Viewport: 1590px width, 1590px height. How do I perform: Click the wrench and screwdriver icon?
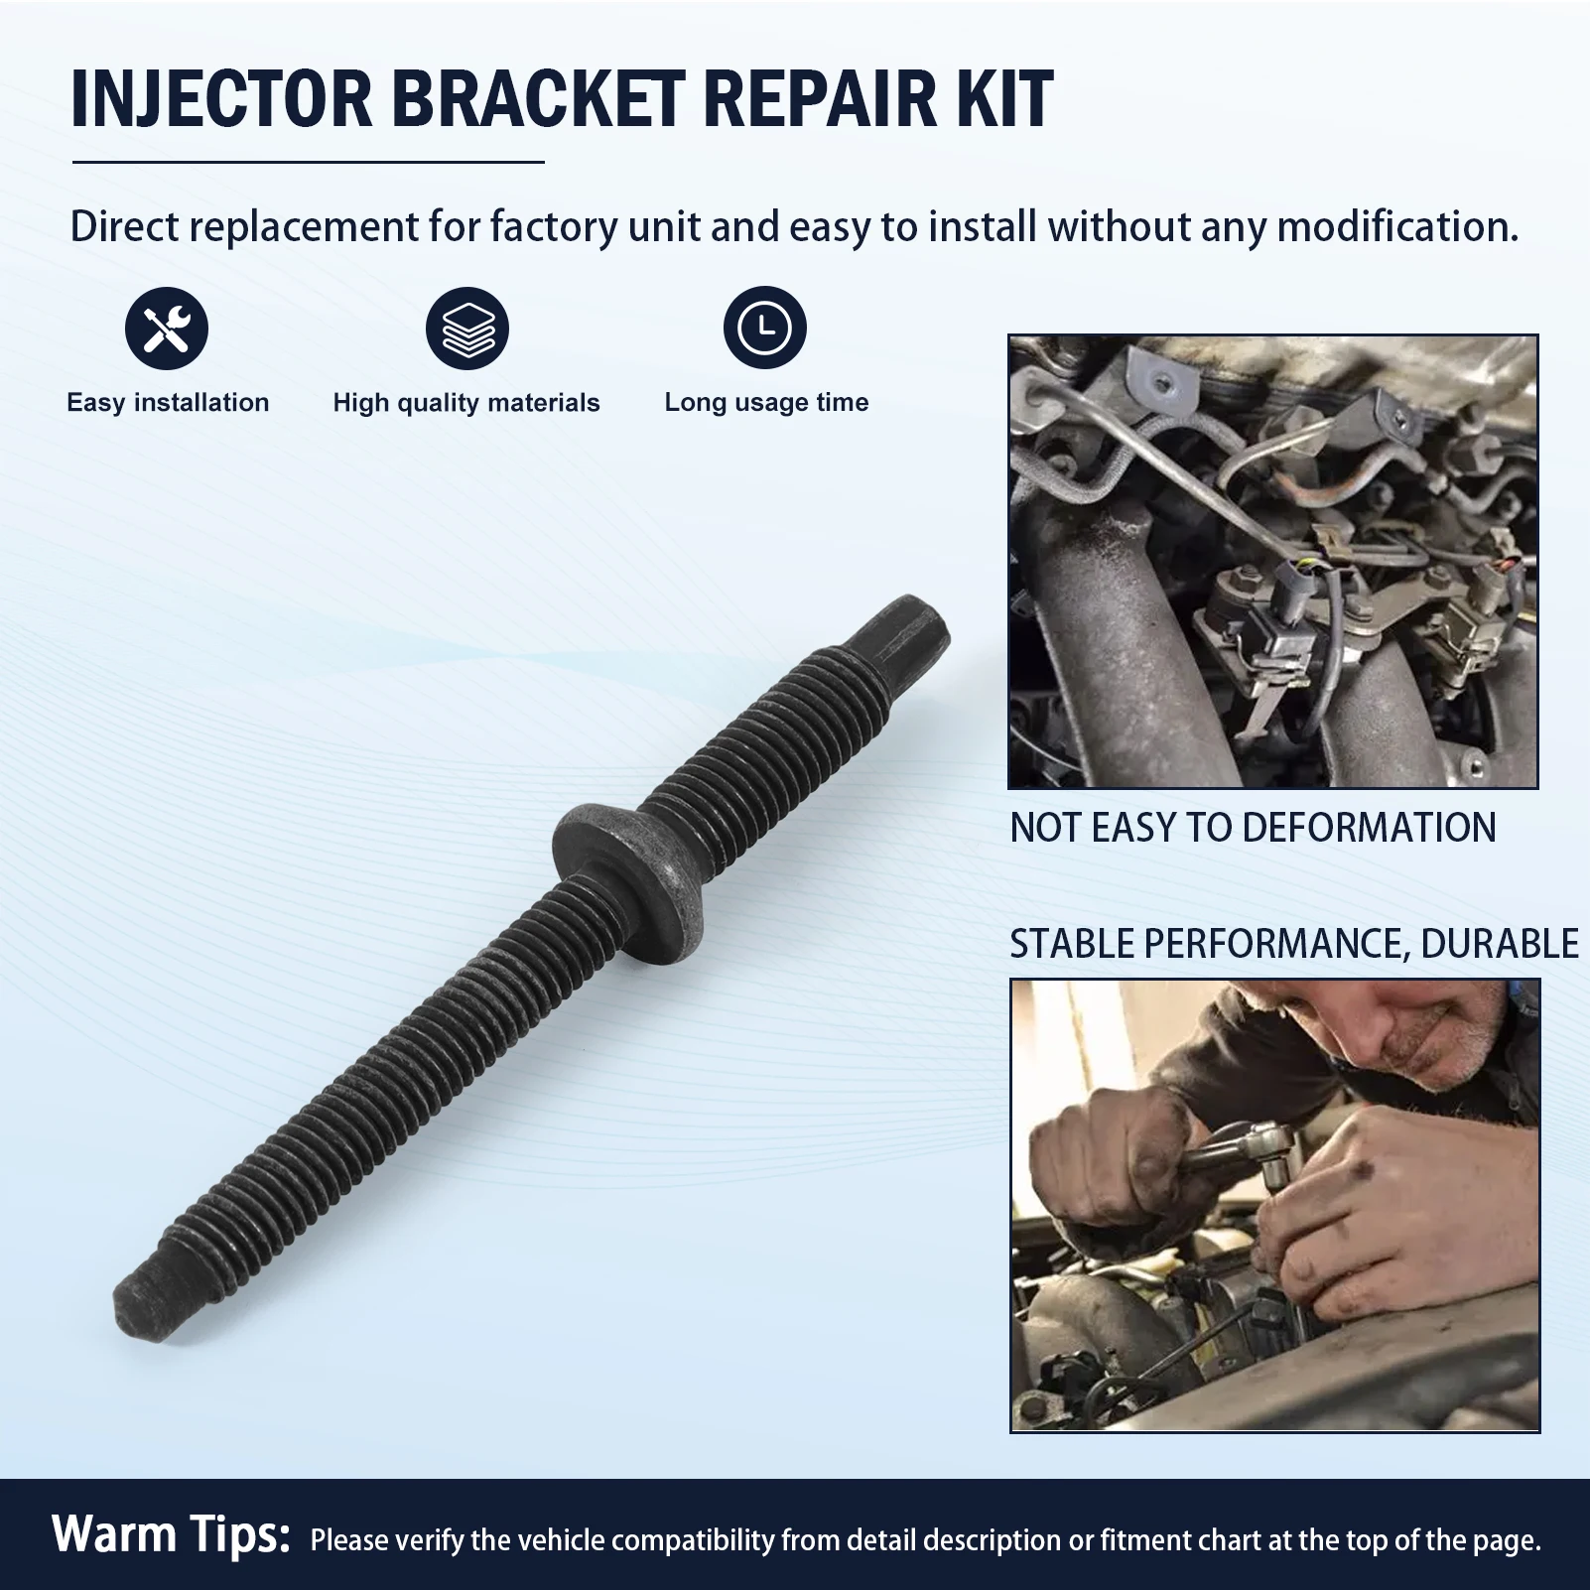click(x=167, y=329)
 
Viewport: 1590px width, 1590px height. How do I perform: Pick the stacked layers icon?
click(x=467, y=329)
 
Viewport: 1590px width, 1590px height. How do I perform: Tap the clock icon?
click(x=765, y=329)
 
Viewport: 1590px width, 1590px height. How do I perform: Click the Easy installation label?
click(x=168, y=403)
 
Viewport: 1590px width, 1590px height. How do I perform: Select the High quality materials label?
click(x=466, y=403)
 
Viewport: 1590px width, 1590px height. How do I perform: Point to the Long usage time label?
click(x=766, y=403)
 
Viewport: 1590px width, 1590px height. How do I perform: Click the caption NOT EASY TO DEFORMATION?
click(x=1253, y=828)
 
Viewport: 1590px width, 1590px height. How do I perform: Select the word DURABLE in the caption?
click(x=1500, y=944)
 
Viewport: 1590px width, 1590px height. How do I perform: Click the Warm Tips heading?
click(x=171, y=1534)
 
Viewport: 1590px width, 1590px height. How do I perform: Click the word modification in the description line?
click(x=1397, y=227)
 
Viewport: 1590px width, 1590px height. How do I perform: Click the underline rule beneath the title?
click(x=309, y=162)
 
